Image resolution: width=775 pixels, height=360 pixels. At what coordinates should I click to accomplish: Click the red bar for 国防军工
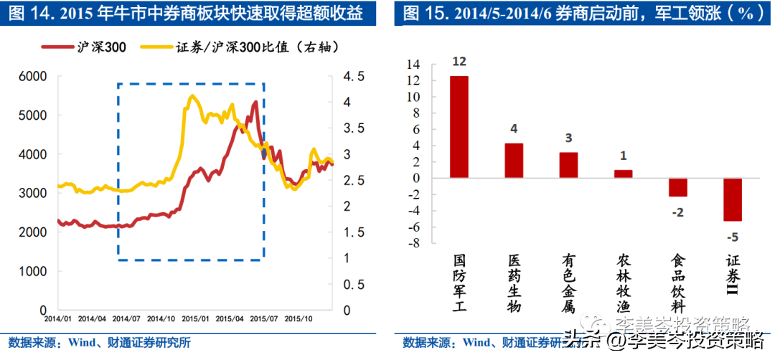(459, 127)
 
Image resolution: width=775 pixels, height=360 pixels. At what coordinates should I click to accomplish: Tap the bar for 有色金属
(568, 165)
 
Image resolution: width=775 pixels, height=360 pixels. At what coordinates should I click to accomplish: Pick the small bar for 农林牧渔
(623, 174)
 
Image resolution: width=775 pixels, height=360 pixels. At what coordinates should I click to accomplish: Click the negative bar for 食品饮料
(678, 187)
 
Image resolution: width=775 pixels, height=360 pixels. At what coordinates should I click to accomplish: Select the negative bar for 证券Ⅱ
(732, 199)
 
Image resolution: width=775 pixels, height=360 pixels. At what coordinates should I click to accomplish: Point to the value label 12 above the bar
(459, 62)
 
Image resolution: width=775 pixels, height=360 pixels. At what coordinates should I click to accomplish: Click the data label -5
(732, 237)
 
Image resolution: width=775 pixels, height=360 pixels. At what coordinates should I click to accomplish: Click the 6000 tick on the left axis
(32, 76)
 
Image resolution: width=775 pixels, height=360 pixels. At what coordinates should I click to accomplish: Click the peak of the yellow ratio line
(191, 95)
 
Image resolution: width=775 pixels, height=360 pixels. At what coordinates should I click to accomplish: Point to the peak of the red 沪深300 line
(255, 103)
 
